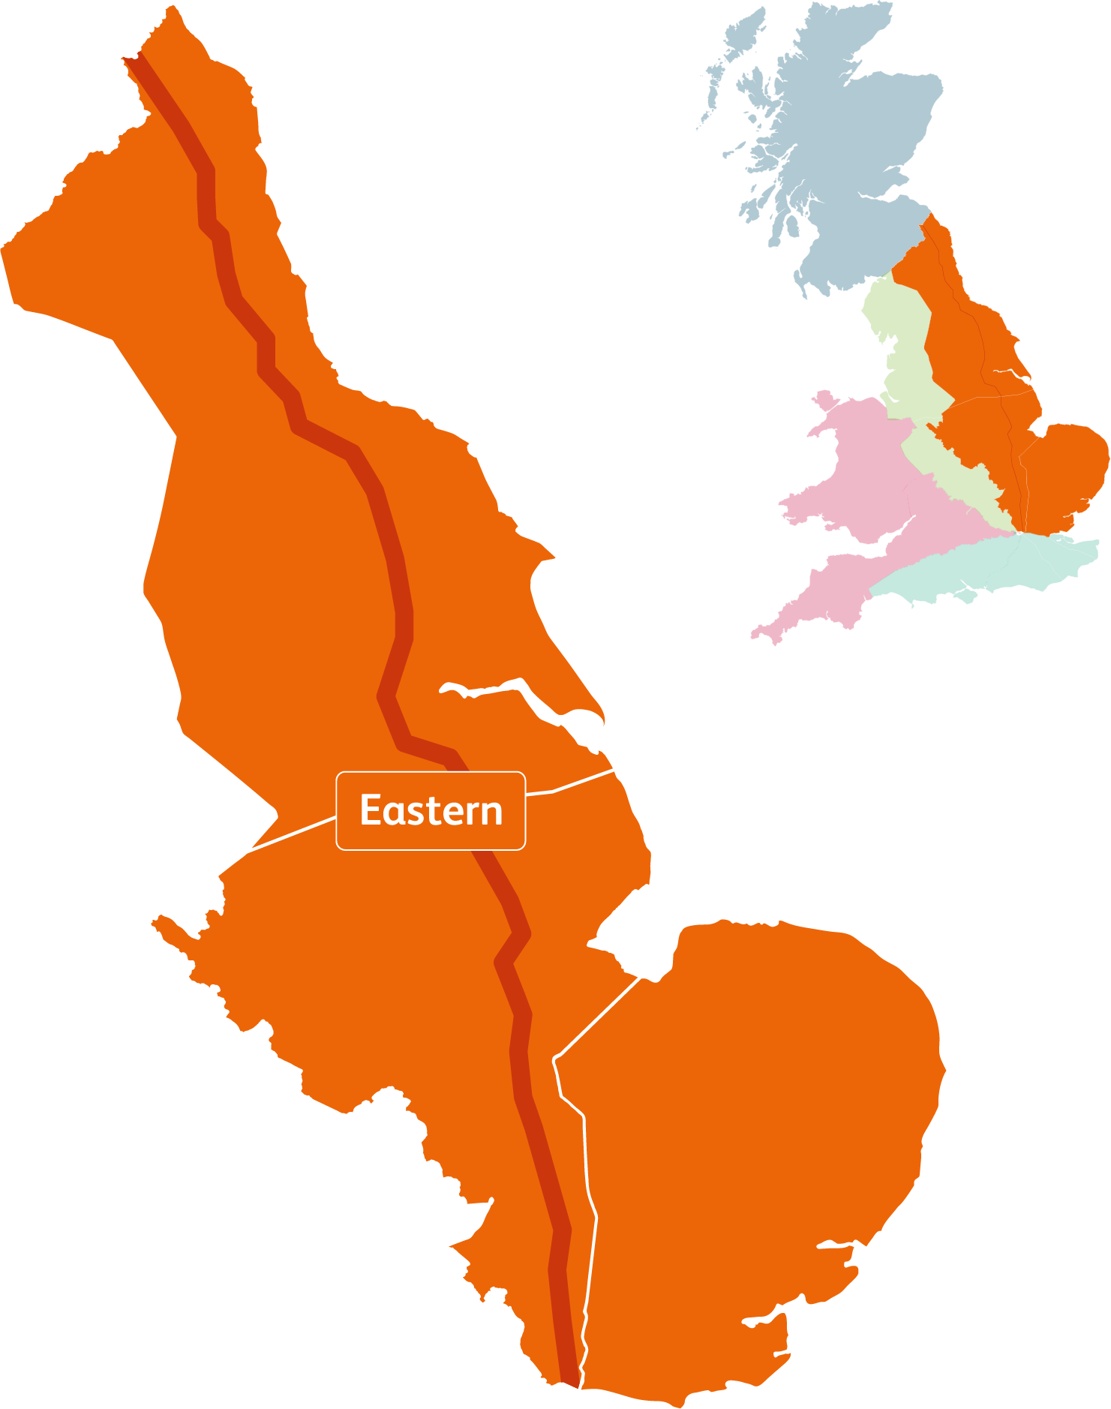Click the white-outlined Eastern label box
tap(431, 810)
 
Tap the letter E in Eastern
tap(371, 811)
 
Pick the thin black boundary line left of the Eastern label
tap(293, 833)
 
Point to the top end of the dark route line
tap(135, 62)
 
